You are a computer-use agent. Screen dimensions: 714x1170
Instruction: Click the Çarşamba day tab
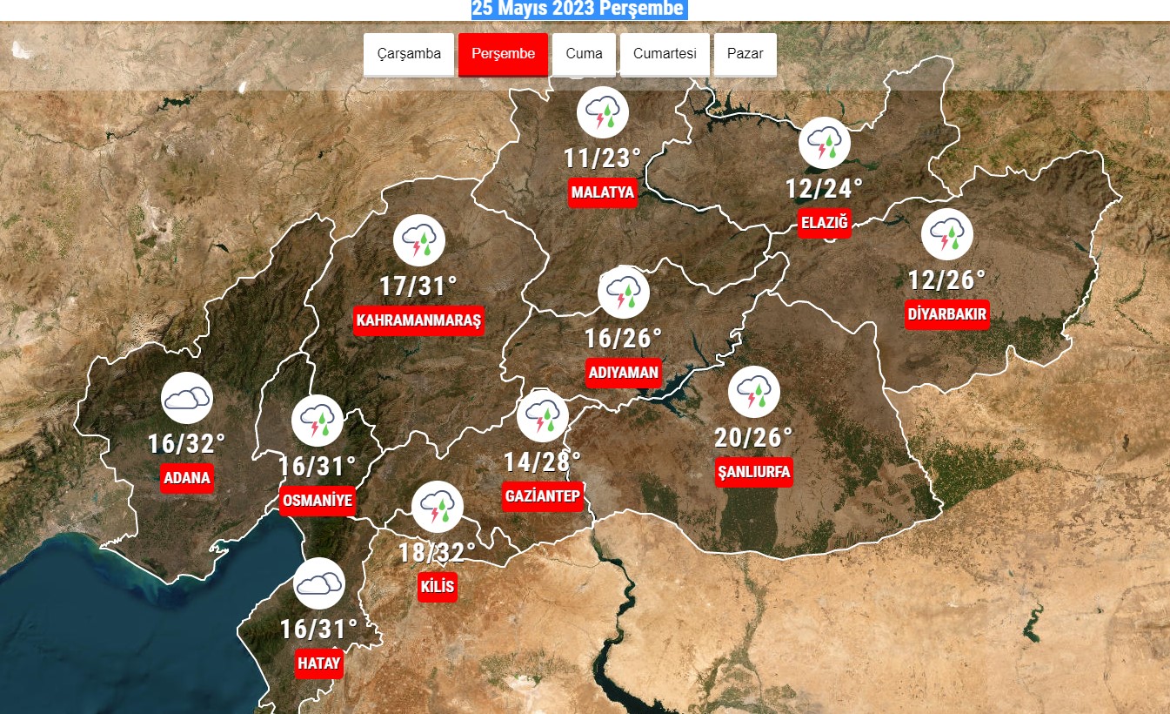409,54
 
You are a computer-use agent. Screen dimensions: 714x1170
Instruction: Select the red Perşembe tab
503,54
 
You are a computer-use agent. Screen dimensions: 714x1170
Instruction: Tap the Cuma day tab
584,54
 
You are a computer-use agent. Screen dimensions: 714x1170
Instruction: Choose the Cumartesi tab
665,54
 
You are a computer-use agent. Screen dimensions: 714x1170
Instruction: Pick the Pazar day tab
745,54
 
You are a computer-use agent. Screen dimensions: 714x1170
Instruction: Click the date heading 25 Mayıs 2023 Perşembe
578,10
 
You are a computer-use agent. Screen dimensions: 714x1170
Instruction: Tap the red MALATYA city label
603,192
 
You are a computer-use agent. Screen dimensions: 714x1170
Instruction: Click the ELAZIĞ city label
825,223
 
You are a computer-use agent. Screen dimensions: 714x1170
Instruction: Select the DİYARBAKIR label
947,314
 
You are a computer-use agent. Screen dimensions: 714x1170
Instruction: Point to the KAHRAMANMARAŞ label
418,320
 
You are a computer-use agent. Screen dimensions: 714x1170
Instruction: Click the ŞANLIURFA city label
754,472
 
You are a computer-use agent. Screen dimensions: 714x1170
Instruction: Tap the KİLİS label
437,586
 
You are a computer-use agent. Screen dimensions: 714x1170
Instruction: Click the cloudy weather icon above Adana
187,400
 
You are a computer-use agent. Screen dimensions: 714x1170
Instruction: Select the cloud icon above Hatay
319,583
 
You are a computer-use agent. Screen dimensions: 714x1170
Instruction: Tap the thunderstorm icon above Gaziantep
542,416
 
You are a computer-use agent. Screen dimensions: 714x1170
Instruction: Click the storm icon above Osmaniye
317,421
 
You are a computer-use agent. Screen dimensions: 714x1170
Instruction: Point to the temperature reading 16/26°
623,338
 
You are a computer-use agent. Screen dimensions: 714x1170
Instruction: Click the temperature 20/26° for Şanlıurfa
753,436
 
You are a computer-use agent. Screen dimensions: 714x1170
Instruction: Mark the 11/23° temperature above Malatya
602,158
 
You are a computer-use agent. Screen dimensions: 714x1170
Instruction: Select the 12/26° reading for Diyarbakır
946,280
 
